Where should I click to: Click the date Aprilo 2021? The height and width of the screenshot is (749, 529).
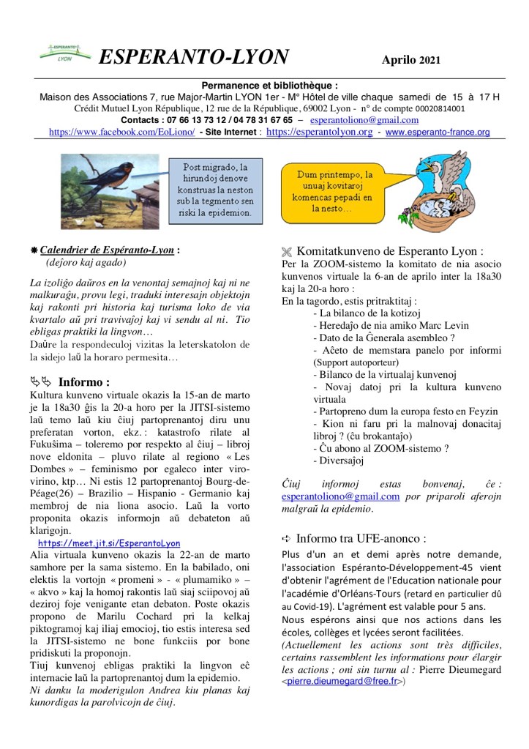pos(410,60)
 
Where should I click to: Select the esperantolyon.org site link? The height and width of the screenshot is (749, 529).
pos(319,133)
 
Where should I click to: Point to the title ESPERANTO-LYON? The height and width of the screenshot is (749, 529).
pos(193,57)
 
